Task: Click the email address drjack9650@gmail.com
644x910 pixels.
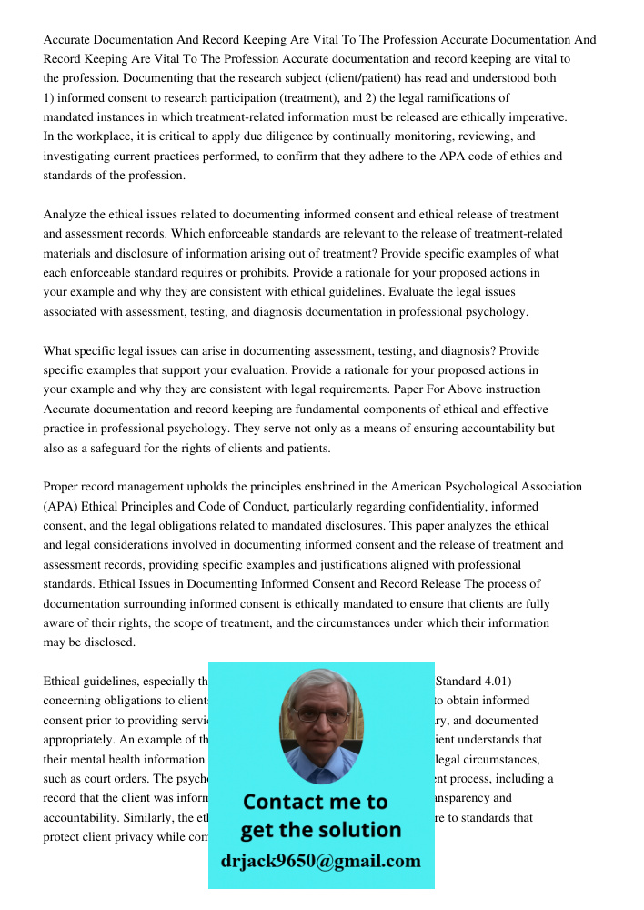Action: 320,861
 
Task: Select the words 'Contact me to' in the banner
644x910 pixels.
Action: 315,802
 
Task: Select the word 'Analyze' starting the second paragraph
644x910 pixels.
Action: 66,215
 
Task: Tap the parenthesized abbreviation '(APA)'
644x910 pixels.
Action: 61,506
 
